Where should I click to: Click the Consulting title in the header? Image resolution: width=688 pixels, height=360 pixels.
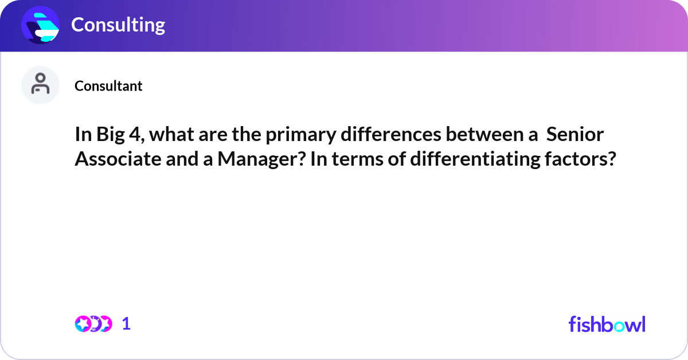click(x=118, y=25)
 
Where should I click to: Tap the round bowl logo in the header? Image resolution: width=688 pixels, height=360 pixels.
click(x=40, y=25)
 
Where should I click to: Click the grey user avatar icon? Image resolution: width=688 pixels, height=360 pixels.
click(x=40, y=85)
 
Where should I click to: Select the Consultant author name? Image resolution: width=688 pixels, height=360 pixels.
click(x=108, y=86)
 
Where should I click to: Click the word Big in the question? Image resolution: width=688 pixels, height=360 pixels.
click(x=111, y=135)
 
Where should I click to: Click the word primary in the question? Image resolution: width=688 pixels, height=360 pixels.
click(x=301, y=135)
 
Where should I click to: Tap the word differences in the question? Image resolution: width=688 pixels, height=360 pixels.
click(x=391, y=134)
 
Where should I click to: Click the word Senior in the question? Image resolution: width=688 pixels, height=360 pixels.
click(x=575, y=134)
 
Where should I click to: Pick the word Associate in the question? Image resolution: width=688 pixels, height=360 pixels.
click(x=118, y=159)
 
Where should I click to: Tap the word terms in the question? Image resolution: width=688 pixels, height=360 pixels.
click(x=358, y=159)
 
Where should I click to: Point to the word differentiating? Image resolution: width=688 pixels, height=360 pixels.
click(x=475, y=159)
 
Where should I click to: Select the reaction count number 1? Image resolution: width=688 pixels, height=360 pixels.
click(x=126, y=324)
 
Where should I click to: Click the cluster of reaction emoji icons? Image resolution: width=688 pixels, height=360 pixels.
click(x=93, y=324)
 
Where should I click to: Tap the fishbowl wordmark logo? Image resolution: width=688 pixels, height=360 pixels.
click(x=607, y=324)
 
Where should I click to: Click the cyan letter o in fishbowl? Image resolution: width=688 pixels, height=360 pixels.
click(x=619, y=326)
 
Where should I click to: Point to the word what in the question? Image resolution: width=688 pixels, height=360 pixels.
click(x=171, y=134)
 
